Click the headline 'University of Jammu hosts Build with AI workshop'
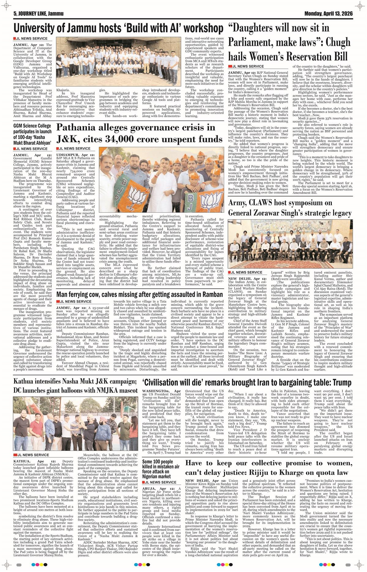(118, 28)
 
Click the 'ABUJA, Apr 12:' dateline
(158, 488)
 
